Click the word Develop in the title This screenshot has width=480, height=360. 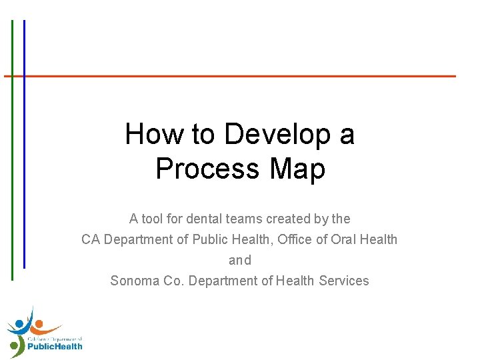point(277,134)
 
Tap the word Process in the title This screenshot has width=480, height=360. point(207,168)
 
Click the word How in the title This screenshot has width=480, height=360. point(155,133)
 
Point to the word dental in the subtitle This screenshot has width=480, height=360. point(204,219)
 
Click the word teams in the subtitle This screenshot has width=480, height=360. point(244,219)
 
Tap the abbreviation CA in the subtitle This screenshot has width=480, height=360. point(91,239)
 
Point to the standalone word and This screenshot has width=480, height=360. point(240,260)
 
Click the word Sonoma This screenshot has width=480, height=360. point(135,281)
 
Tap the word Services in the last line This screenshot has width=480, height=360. point(344,281)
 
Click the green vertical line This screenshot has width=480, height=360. point(12,150)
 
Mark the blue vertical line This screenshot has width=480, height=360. point(24,144)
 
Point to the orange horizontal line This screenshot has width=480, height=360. point(230,76)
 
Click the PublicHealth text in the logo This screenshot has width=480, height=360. point(55,347)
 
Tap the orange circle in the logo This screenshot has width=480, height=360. point(39,323)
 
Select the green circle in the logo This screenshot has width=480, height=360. point(14,346)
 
